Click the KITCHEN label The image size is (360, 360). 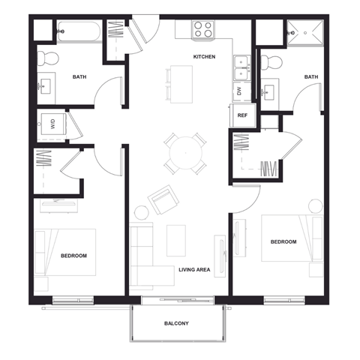coord(205,57)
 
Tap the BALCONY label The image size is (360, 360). coord(177,323)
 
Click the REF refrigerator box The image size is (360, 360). coord(242,115)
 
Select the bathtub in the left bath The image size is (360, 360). coord(78,32)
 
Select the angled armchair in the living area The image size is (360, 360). coord(163,199)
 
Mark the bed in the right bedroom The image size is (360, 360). coord(291,238)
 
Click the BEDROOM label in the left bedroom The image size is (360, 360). coord(73,256)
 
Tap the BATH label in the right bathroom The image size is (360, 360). coord(311,77)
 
